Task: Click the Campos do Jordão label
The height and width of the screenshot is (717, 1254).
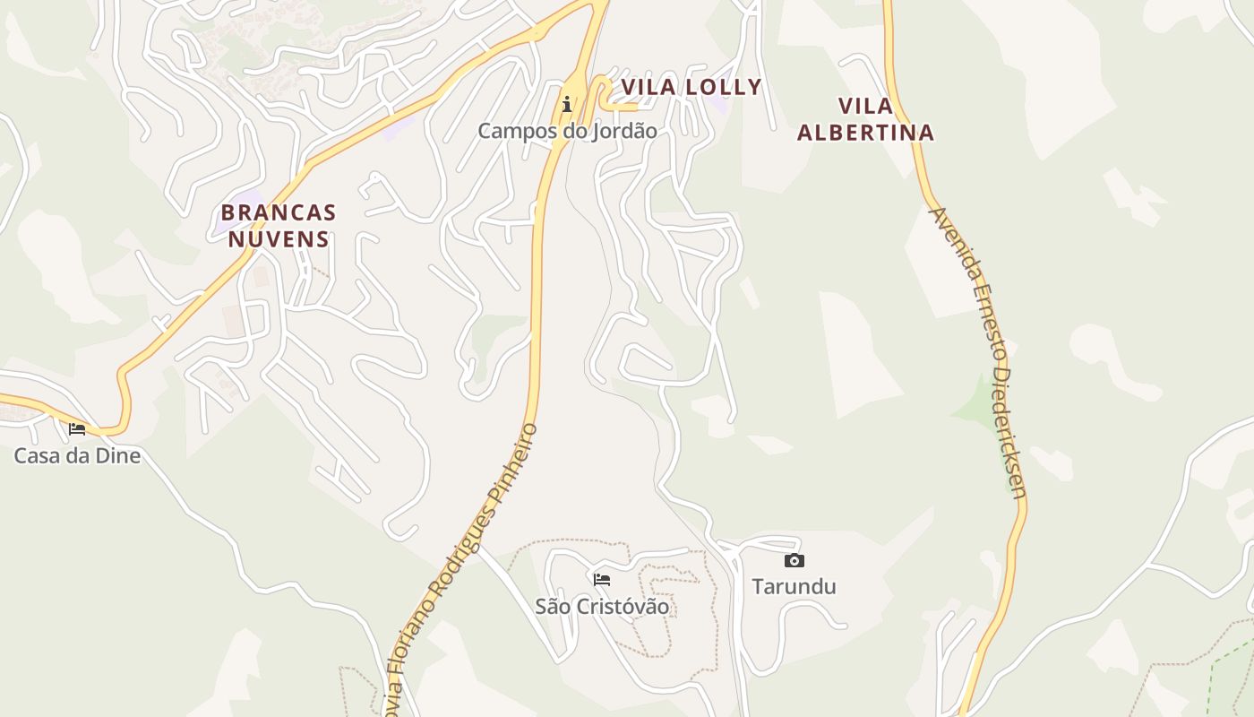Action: [x=567, y=131]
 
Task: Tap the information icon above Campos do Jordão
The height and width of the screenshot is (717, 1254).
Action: [x=567, y=104]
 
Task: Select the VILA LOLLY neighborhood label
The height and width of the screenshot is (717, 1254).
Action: [x=691, y=87]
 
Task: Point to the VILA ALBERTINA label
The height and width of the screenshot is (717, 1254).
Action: [x=865, y=119]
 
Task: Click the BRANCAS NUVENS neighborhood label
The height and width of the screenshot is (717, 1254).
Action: [x=279, y=226]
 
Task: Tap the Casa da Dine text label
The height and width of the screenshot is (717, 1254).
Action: [x=77, y=455]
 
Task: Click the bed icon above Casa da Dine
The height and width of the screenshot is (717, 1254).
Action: [x=77, y=429]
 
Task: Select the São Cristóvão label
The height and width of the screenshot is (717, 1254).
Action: [x=602, y=606]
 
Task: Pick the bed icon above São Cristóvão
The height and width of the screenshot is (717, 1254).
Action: [x=602, y=580]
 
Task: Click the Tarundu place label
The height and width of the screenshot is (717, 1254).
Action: [x=794, y=586]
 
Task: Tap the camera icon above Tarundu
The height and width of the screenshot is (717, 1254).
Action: [x=794, y=561]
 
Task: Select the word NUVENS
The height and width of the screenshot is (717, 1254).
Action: [x=279, y=239]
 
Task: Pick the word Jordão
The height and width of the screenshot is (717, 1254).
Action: [x=624, y=131]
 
